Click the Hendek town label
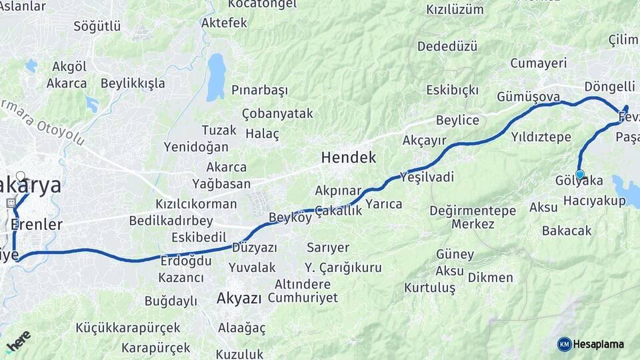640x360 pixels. click(x=348, y=158)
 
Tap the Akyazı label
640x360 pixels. click(x=239, y=299)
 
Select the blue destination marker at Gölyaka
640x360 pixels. click(x=580, y=175)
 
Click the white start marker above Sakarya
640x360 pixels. click(x=21, y=177)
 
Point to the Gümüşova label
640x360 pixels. click(x=528, y=97)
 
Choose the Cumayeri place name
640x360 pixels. click(x=538, y=63)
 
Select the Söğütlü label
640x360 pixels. click(x=97, y=26)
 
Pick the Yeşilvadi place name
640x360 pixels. click(x=427, y=177)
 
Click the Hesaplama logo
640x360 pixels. click(x=591, y=344)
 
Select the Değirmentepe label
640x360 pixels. click(x=473, y=211)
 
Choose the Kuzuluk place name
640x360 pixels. click(x=240, y=354)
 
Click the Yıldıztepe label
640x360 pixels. click(x=541, y=137)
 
